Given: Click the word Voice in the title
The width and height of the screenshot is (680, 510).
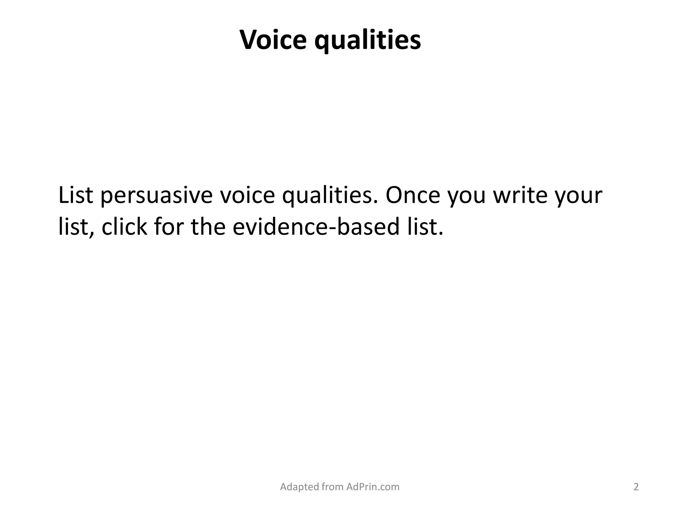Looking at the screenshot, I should [x=273, y=40].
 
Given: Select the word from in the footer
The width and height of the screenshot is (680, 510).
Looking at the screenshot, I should [x=333, y=487].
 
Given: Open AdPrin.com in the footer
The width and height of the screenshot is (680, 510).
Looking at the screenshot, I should [x=373, y=487].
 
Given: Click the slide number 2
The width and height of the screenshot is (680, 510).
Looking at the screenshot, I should [x=636, y=487].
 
